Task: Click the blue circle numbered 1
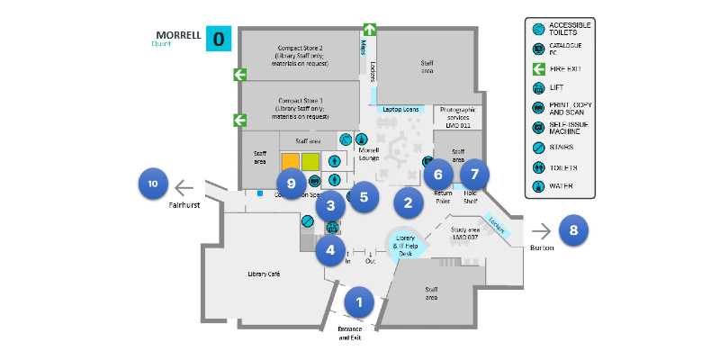click(359, 301)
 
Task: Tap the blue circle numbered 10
click(153, 184)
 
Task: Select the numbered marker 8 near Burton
click(573, 229)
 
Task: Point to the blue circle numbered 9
click(291, 183)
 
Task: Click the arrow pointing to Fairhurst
click(184, 187)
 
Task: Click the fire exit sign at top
click(369, 30)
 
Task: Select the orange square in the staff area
click(290, 162)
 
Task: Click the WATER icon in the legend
click(536, 187)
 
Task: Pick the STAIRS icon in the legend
click(536, 146)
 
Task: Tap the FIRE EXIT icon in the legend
click(536, 67)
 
